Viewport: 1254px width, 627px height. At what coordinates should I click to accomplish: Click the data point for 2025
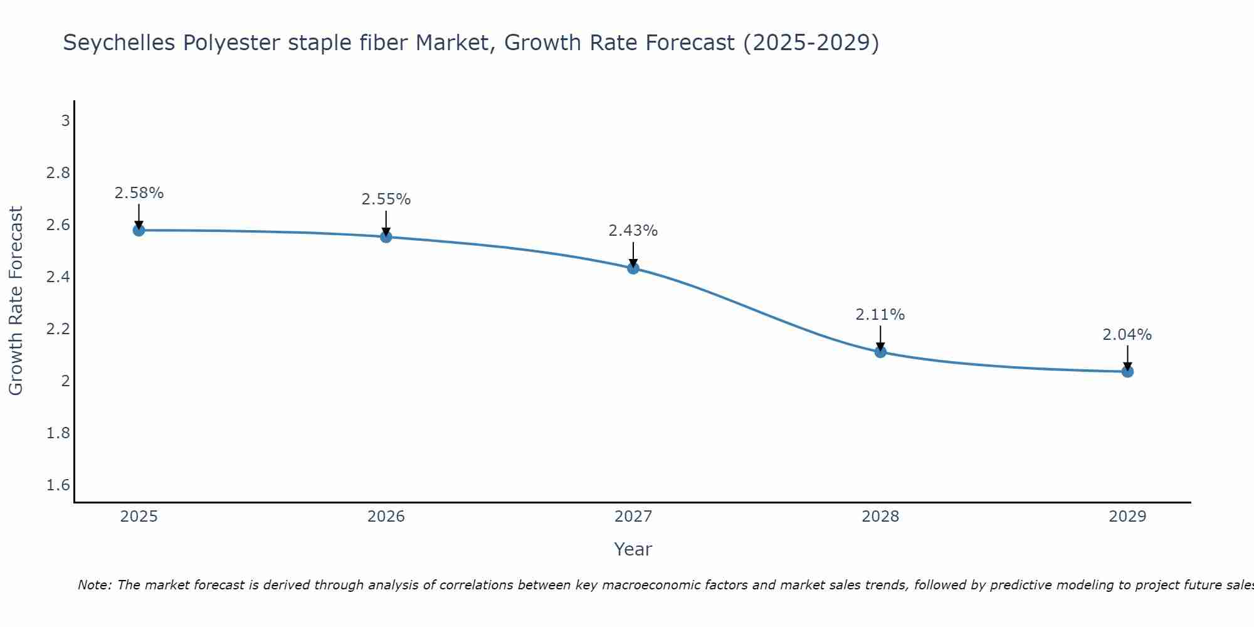click(x=139, y=230)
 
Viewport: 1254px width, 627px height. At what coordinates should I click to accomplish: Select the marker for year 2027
click(x=633, y=268)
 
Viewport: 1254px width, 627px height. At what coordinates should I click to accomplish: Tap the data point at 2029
click(x=1127, y=372)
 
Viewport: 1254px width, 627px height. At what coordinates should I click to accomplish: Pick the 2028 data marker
click(x=880, y=352)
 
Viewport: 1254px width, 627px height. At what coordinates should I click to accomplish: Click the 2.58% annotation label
click(x=139, y=193)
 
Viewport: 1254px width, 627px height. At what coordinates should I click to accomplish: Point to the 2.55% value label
click(x=386, y=199)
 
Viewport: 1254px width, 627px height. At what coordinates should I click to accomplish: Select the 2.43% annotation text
click(x=633, y=231)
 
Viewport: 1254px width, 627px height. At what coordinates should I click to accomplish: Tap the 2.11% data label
click(x=880, y=315)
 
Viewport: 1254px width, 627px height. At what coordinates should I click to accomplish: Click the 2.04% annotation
click(x=1127, y=335)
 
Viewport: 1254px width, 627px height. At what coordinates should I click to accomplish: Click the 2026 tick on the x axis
click(x=386, y=517)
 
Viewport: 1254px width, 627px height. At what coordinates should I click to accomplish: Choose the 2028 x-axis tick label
click(x=880, y=517)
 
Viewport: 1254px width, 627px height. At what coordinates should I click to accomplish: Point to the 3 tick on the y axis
click(x=65, y=120)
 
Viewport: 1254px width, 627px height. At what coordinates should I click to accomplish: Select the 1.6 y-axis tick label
click(x=58, y=485)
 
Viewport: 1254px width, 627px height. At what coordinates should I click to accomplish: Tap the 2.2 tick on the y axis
click(x=58, y=329)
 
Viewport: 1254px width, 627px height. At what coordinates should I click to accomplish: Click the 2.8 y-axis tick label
click(x=58, y=173)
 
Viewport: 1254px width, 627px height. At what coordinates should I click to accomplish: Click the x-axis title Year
click(x=633, y=549)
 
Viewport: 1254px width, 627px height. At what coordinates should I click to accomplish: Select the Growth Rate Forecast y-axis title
click(x=16, y=301)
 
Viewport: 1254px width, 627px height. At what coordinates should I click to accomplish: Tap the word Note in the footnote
click(x=93, y=585)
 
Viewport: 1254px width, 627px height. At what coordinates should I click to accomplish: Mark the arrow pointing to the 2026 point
click(x=386, y=221)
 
